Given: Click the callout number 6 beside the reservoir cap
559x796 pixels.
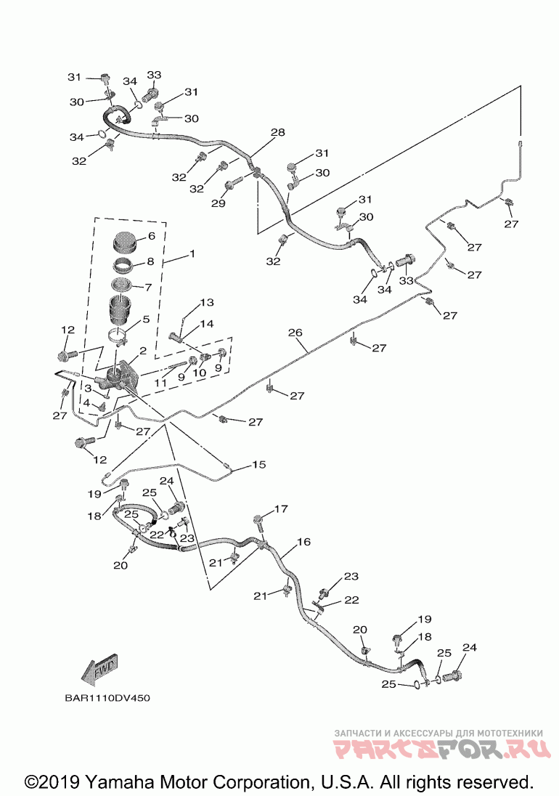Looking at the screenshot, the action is pyautogui.click(x=151, y=236).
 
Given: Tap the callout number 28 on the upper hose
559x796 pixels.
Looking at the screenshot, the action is pyautogui.click(x=277, y=132).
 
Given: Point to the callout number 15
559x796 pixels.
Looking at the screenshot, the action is pyautogui.click(x=258, y=465).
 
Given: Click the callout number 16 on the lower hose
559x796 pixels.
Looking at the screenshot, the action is pyautogui.click(x=303, y=543).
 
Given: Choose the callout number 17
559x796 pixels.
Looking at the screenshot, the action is pyautogui.click(x=281, y=508).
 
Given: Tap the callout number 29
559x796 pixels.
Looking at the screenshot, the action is pyautogui.click(x=218, y=203).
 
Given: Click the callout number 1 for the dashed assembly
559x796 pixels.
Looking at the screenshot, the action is pyautogui.click(x=192, y=253).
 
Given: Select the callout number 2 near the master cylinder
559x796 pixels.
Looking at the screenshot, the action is pyautogui.click(x=143, y=350).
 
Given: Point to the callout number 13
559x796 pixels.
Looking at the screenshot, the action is pyautogui.click(x=206, y=303).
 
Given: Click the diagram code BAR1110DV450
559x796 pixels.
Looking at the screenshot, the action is pyautogui.click(x=107, y=698).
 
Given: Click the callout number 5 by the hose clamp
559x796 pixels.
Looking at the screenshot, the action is pyautogui.click(x=146, y=320).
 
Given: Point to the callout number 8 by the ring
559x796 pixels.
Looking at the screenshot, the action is pyautogui.click(x=150, y=262).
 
